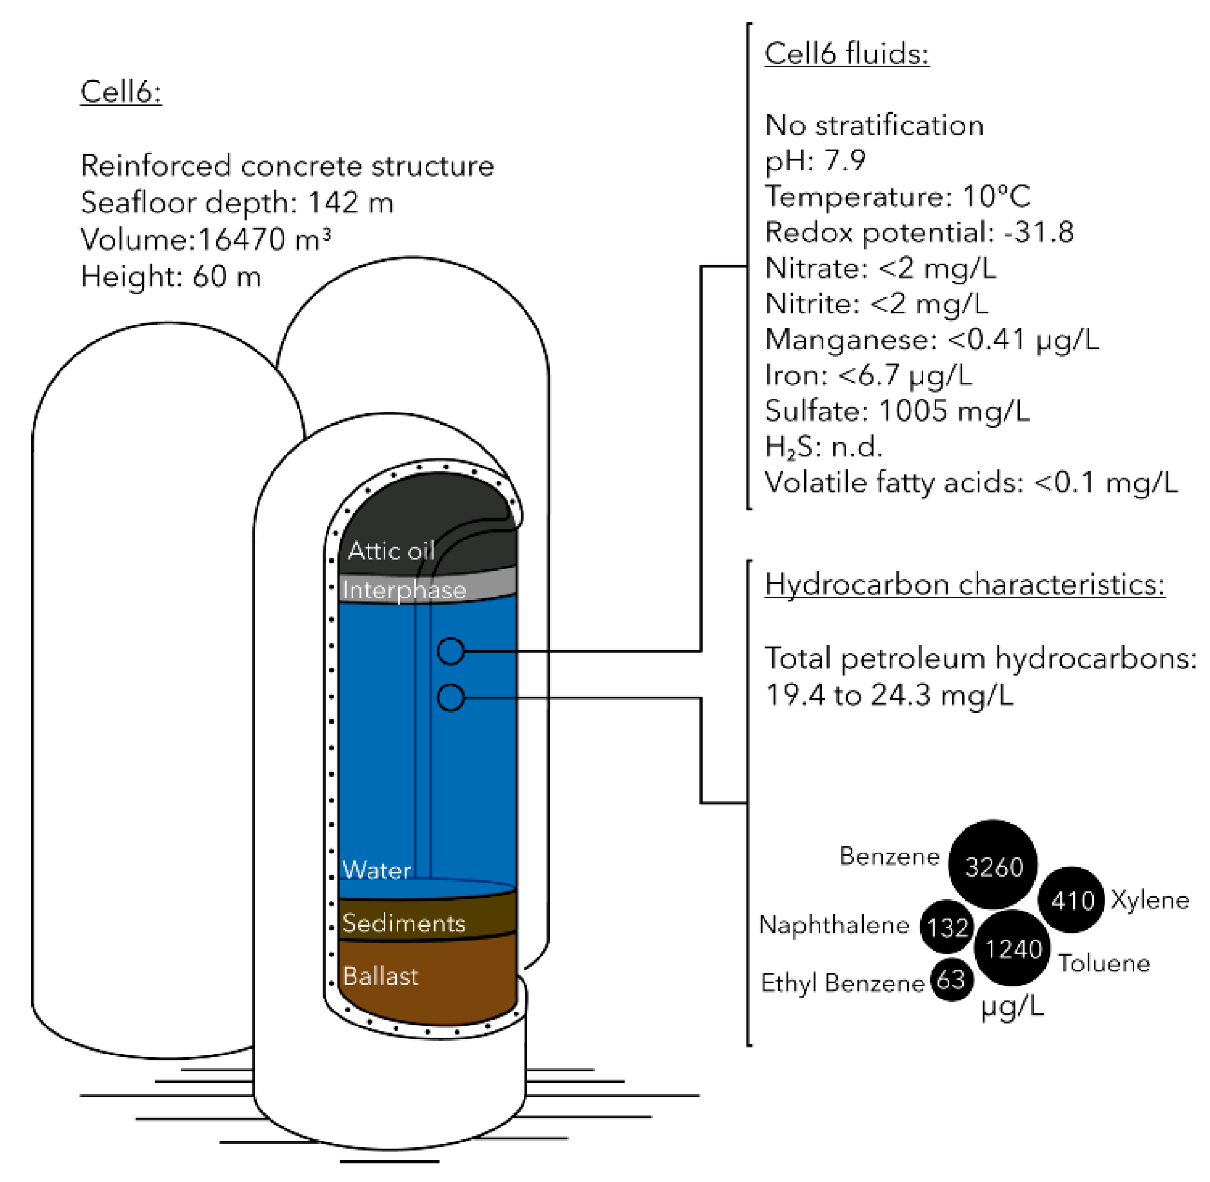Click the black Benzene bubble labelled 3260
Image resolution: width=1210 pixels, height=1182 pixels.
click(992, 866)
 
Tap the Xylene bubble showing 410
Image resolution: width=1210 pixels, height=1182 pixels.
click(1071, 899)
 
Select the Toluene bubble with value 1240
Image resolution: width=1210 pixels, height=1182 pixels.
click(1012, 948)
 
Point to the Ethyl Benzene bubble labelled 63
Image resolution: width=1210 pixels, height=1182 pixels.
click(951, 980)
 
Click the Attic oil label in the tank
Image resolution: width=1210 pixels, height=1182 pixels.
click(390, 550)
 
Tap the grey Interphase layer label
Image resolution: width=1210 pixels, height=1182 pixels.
click(404, 590)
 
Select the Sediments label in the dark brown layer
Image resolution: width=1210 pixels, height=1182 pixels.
click(403, 923)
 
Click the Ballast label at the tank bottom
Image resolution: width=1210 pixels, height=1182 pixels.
click(379, 976)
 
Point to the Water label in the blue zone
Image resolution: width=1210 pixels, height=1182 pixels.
click(376, 870)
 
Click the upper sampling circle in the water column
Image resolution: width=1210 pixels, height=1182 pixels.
click(450, 650)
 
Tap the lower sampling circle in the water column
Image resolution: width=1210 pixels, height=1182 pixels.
click(450, 697)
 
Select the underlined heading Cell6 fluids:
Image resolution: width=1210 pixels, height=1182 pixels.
click(846, 54)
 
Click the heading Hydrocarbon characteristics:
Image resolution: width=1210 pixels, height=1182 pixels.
click(964, 585)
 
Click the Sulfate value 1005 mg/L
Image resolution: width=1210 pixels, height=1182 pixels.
click(953, 411)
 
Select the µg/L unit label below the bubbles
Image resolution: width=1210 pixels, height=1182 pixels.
click(1013, 1005)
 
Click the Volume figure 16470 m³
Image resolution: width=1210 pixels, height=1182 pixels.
click(264, 239)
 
